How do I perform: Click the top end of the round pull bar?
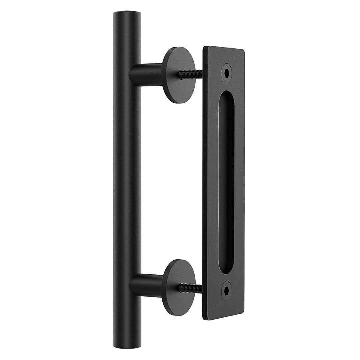click(127, 14)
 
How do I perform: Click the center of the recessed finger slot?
click(227, 182)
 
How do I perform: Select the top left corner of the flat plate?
click(204, 47)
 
